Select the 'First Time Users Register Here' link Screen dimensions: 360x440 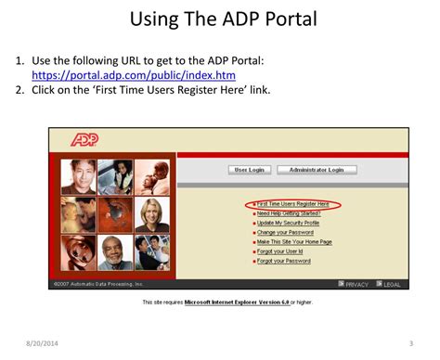tap(293, 203)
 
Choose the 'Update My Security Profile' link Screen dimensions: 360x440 tap(288, 223)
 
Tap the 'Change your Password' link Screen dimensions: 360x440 tap(285, 232)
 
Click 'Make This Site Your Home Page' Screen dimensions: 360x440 tap(294, 241)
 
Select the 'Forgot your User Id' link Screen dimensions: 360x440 tap(281, 251)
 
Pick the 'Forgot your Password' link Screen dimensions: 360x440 tap(283, 261)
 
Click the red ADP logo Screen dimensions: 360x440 tap(84, 140)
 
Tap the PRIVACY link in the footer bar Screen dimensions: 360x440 tap(356, 284)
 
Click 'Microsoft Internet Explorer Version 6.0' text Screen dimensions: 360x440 tap(236, 302)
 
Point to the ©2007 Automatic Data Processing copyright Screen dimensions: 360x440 tap(97, 284)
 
